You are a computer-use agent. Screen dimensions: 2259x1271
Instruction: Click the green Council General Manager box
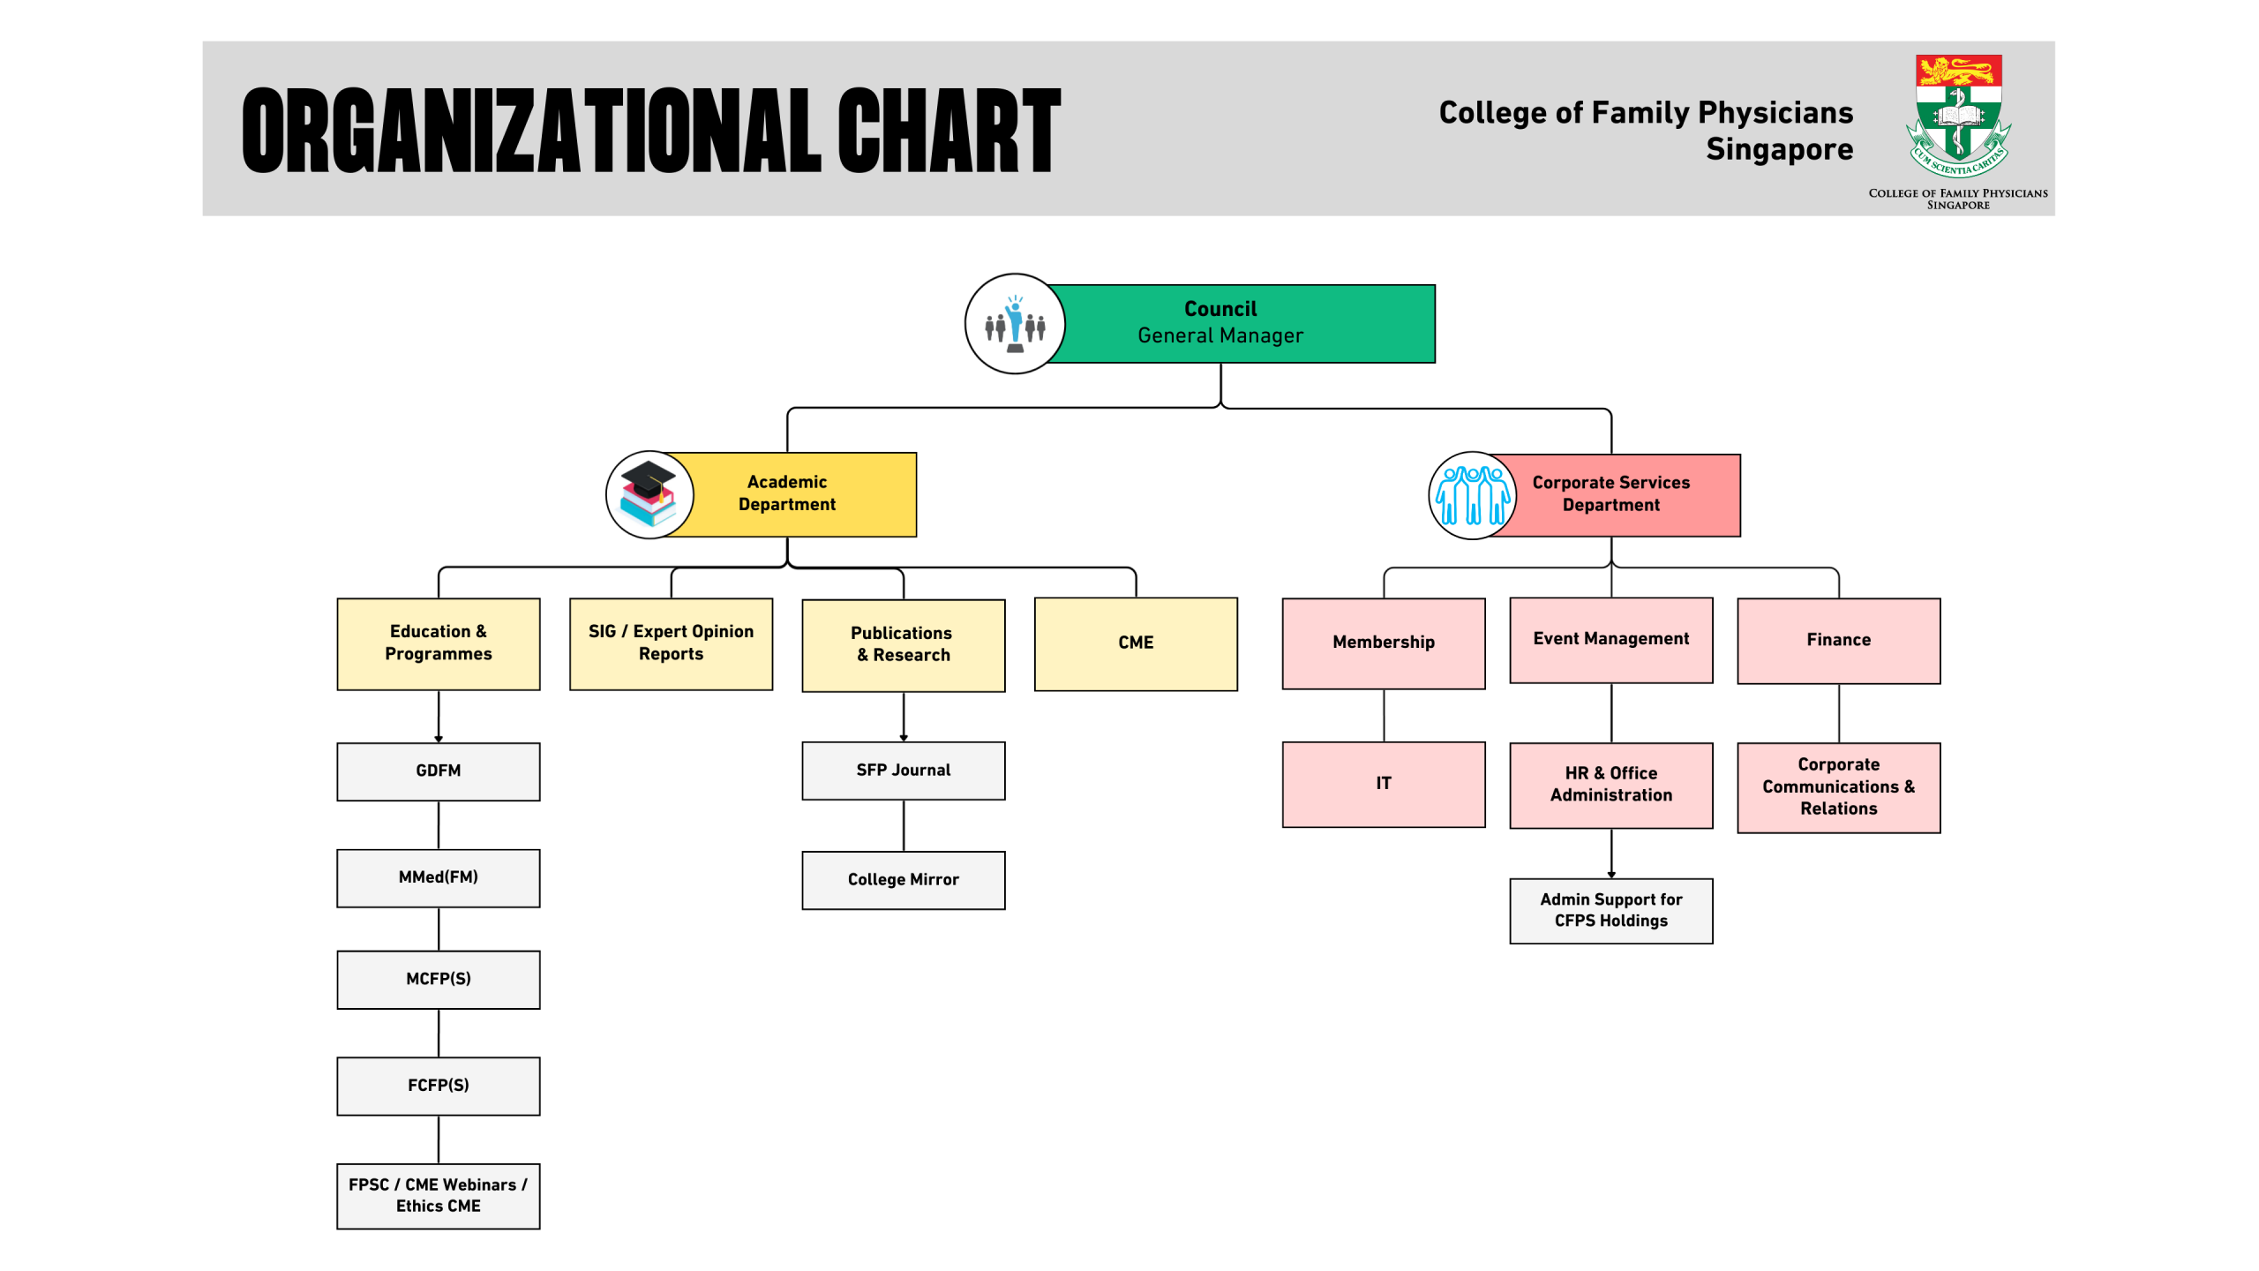click(x=1240, y=323)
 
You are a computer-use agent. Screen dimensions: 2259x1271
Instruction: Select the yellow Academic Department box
click(x=794, y=494)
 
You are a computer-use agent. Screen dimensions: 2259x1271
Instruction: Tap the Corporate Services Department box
click(x=1615, y=495)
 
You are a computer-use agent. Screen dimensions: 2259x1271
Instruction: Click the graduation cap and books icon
click(x=649, y=494)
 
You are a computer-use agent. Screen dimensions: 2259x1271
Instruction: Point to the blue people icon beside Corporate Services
click(x=1472, y=495)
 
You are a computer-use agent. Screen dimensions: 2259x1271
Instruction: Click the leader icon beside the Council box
click(x=1015, y=324)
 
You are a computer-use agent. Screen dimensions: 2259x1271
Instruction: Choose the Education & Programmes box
click(x=439, y=643)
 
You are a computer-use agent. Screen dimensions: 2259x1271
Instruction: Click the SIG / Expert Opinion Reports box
click(x=672, y=643)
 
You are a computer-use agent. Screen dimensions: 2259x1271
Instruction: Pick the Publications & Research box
click(x=904, y=645)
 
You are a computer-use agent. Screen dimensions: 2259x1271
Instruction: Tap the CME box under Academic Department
click(x=1136, y=643)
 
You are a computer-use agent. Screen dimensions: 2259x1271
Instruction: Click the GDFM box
click(x=439, y=771)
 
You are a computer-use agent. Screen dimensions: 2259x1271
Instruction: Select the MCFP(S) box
click(x=439, y=980)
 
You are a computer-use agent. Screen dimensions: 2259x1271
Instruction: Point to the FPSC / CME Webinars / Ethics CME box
click(x=439, y=1196)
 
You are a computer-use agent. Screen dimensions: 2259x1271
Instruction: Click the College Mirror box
click(x=904, y=880)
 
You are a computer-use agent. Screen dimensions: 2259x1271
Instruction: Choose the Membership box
click(x=1384, y=643)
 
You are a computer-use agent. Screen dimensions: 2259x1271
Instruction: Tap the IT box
click(x=1384, y=785)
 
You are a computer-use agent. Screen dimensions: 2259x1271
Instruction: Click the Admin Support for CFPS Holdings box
click(x=1611, y=911)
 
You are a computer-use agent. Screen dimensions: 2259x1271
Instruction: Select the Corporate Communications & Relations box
click(x=1839, y=787)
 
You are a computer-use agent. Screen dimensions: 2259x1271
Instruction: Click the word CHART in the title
click(x=949, y=131)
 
